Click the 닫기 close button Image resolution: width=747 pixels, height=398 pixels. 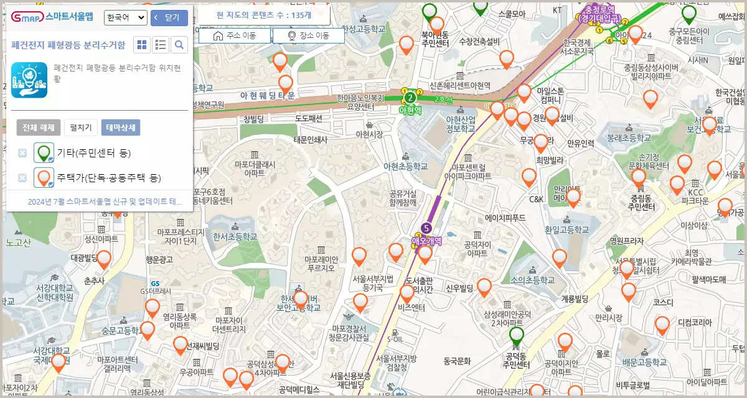(x=169, y=18)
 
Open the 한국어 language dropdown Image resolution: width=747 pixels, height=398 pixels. (x=125, y=18)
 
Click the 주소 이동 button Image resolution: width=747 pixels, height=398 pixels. (x=235, y=36)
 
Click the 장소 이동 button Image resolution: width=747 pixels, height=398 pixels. (x=308, y=36)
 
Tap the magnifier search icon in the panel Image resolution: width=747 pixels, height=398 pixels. (x=179, y=45)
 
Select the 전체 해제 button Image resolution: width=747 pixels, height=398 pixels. (x=39, y=128)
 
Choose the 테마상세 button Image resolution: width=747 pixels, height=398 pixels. (x=120, y=128)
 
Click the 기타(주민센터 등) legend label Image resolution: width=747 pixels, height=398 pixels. (x=93, y=153)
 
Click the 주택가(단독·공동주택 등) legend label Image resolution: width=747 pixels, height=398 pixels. (x=108, y=178)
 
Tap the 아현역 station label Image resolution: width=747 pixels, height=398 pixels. (x=410, y=110)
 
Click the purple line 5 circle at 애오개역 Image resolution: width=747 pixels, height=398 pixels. (x=426, y=228)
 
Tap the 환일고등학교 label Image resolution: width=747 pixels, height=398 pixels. (x=566, y=229)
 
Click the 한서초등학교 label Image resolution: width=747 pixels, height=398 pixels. (x=234, y=236)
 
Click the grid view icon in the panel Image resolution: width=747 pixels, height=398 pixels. (x=143, y=45)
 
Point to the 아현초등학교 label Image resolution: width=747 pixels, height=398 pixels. (x=406, y=167)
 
